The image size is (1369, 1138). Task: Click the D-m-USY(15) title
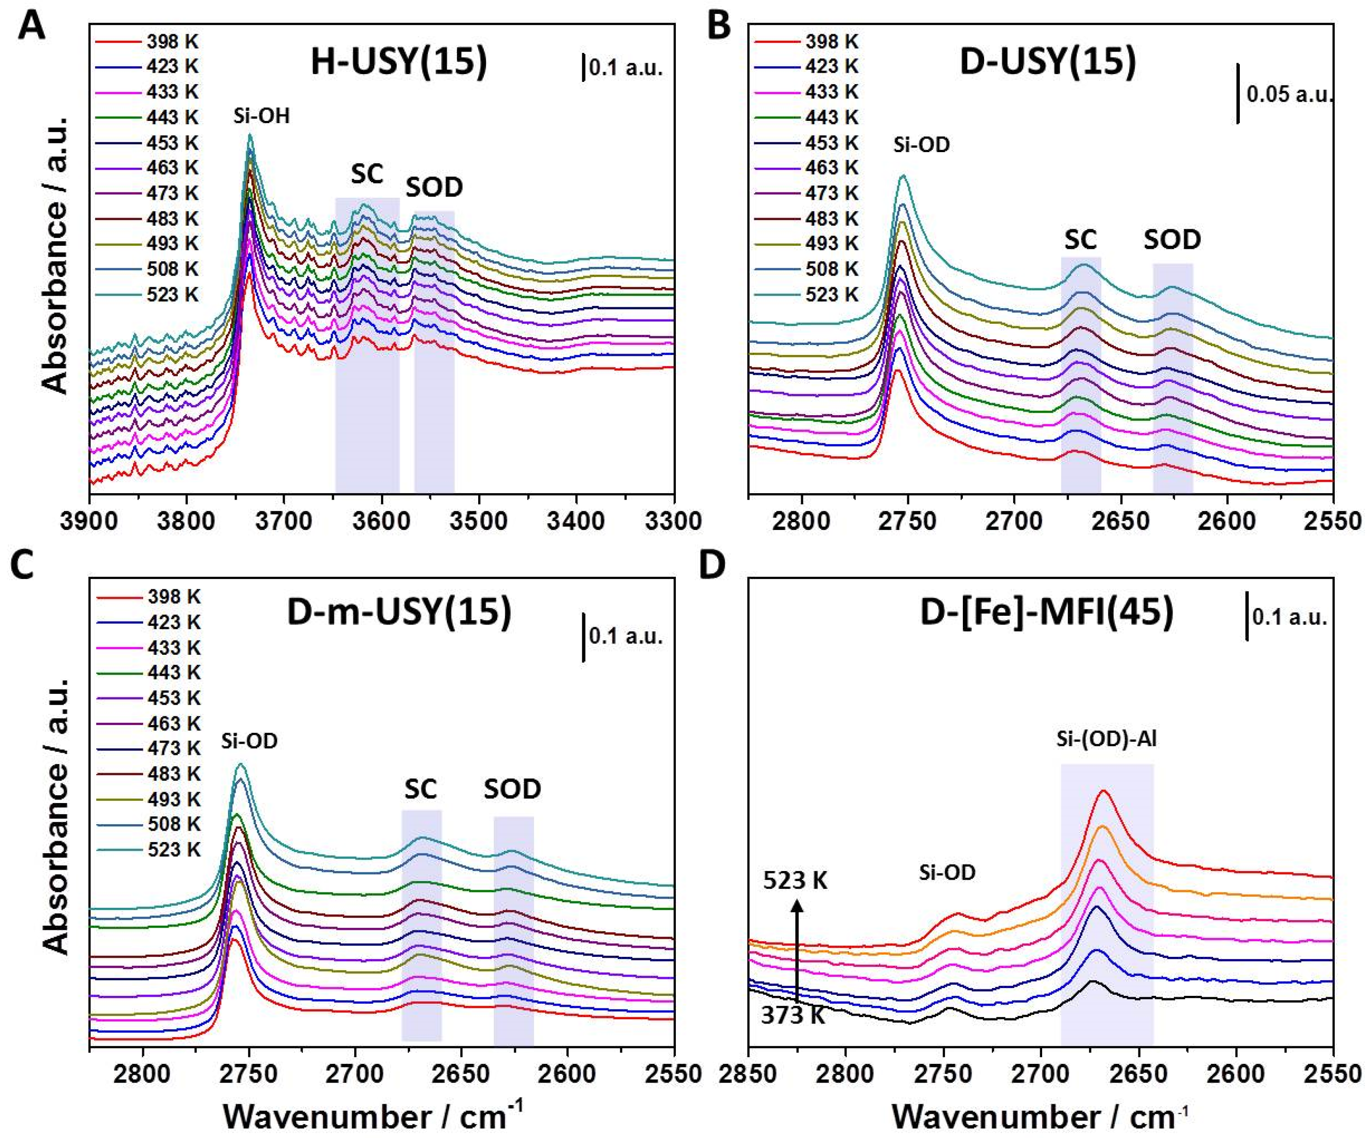[399, 613]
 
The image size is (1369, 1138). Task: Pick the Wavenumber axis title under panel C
[374, 1113]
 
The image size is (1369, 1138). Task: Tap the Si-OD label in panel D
[947, 872]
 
